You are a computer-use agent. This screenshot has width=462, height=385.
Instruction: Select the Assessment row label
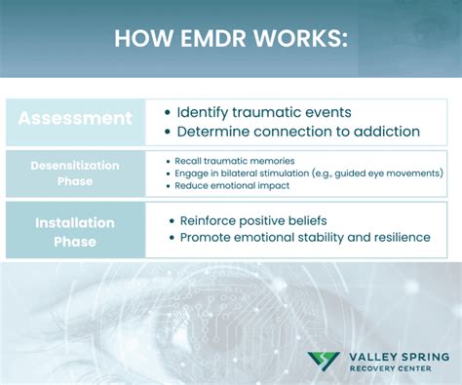point(75,119)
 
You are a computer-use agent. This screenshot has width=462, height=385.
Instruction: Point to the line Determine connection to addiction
point(298,132)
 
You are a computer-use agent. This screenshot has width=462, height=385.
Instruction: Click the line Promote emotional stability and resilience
point(304,237)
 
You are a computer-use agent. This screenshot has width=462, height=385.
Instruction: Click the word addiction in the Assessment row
point(389,132)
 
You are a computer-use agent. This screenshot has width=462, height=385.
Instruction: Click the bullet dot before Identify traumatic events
point(169,113)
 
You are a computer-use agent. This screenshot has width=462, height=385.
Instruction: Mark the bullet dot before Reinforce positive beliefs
point(173,221)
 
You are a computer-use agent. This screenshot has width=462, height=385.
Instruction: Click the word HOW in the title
point(137,39)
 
